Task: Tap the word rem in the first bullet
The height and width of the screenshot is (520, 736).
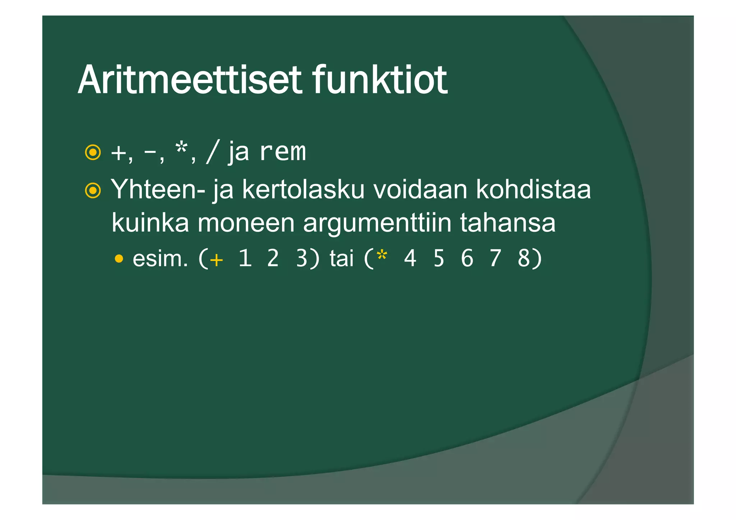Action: (x=282, y=152)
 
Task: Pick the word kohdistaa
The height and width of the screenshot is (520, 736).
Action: (x=533, y=189)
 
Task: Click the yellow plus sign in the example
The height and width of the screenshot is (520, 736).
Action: (x=216, y=260)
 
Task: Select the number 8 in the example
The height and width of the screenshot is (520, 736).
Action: (x=524, y=258)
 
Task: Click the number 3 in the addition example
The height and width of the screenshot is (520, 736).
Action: (x=302, y=258)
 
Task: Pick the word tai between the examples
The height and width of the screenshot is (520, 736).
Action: (x=341, y=258)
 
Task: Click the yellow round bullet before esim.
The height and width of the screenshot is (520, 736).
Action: (x=119, y=259)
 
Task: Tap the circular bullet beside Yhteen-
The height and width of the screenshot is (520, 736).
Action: (x=93, y=190)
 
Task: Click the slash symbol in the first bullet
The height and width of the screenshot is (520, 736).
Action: (x=212, y=153)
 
